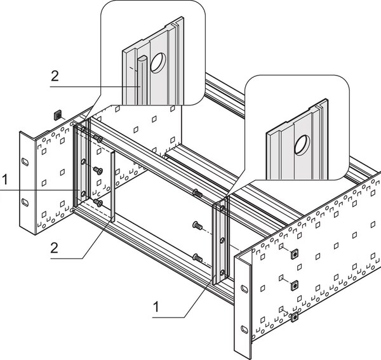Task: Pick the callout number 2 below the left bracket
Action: click(55, 247)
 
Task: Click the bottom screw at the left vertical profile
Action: click(98, 203)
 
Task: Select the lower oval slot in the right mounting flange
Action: click(244, 329)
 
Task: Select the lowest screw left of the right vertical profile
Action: click(197, 257)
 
